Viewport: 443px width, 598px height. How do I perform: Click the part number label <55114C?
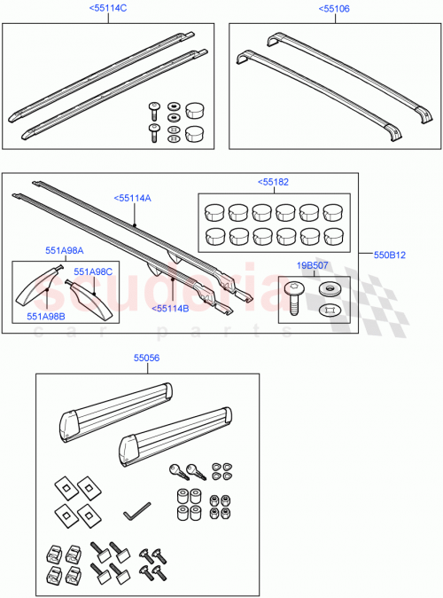pos(108,9)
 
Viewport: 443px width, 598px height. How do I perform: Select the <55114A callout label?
pos(132,199)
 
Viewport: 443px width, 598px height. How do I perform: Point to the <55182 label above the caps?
pos(273,182)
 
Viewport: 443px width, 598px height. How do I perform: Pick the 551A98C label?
pos(92,271)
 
